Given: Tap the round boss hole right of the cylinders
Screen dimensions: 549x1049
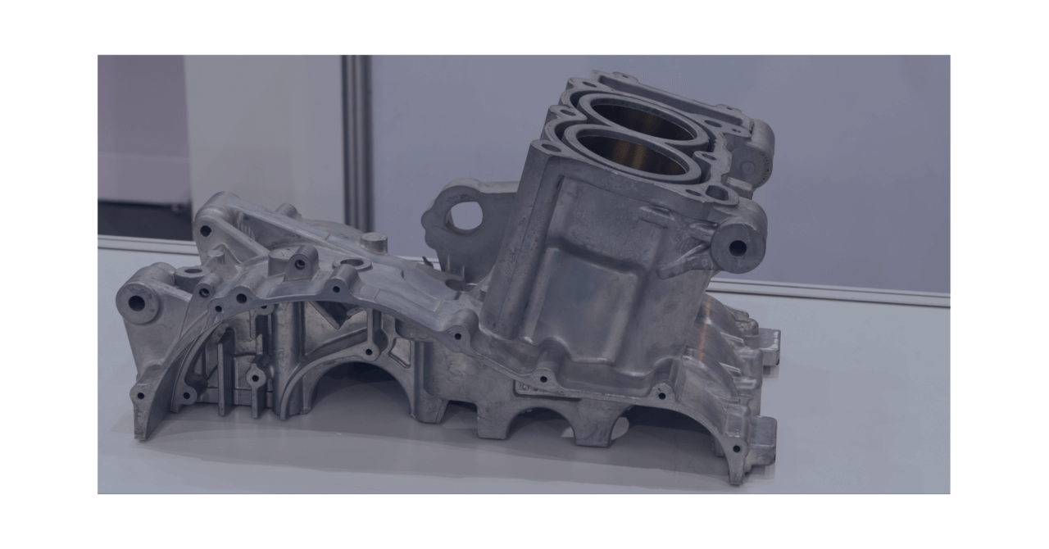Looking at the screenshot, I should point(737,247).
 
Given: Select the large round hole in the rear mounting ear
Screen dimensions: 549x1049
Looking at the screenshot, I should point(465,215).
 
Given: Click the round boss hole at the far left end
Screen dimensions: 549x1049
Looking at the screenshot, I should point(136,303).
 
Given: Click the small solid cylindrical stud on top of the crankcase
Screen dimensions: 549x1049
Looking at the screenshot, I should point(374,243).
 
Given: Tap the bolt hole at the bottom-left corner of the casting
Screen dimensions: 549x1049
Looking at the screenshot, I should point(140,396).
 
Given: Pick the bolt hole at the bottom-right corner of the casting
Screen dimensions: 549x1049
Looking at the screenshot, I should point(735,448).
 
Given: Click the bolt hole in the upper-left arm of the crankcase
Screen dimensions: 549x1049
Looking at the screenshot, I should point(205,231).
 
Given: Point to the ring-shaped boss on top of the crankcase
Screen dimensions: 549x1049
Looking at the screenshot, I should point(192,271).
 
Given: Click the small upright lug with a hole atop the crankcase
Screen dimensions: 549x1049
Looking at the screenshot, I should point(300,263).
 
